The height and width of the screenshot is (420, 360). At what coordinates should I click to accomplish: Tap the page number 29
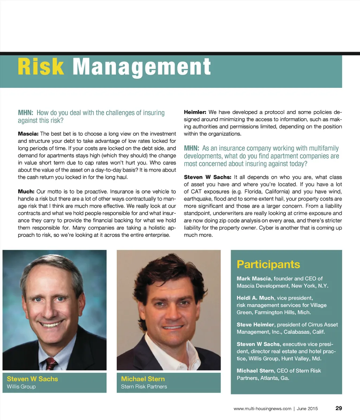click(339, 408)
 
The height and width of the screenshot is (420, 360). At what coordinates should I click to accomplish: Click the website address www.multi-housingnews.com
click(262, 409)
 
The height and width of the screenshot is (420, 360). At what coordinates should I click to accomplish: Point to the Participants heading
click(268, 264)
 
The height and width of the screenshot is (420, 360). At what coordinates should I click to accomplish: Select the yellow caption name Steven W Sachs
click(32, 379)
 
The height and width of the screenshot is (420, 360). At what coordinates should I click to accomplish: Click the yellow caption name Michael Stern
click(143, 379)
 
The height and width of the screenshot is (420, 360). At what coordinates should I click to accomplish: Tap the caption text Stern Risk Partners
click(144, 387)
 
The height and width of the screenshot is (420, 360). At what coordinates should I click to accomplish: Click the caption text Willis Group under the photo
click(21, 387)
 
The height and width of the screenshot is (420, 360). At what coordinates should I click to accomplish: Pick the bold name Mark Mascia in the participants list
click(254, 278)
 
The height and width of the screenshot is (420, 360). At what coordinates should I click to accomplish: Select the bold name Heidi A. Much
click(255, 298)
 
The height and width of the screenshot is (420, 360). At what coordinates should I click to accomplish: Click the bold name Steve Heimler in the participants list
click(255, 324)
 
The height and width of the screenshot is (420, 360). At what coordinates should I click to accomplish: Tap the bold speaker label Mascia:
click(28, 134)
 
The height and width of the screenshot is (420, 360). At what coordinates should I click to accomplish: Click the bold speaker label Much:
click(26, 192)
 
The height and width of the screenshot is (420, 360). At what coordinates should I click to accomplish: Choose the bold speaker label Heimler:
click(195, 112)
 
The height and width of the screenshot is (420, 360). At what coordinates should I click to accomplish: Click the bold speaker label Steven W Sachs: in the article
click(207, 177)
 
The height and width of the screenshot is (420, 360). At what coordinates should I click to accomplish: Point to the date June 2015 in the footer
click(307, 409)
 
